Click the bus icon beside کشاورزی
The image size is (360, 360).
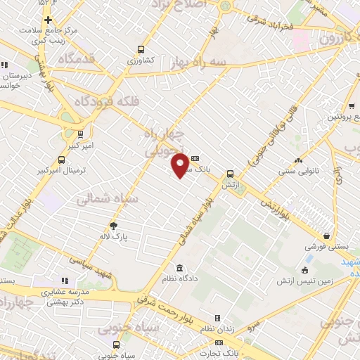[x=141, y=50]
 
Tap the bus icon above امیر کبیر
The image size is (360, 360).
[x=79, y=133]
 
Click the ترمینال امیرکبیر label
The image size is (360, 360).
[x=63, y=171]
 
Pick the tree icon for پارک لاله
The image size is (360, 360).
[x=113, y=226]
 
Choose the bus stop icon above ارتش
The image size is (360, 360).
[x=230, y=174]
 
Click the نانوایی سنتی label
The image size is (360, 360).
[x=300, y=171]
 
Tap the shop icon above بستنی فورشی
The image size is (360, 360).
[x=326, y=236]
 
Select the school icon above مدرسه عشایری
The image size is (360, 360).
[x=66, y=281]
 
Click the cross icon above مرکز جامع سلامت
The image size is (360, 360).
[x=48, y=20]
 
